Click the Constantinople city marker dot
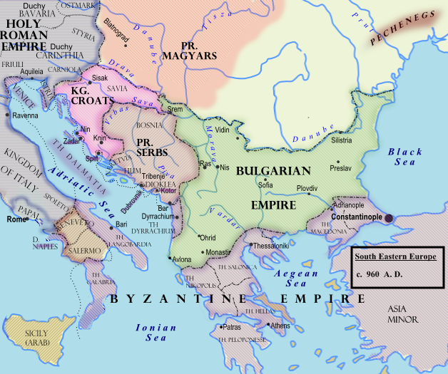tap(389, 218)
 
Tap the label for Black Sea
tap(405, 157)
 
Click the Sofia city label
tap(265, 185)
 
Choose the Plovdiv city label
tap(307, 187)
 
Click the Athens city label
tap(279, 325)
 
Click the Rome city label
tap(16, 219)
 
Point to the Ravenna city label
tap(25, 115)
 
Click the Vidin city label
tap(223, 130)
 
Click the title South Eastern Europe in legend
tap(398, 256)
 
